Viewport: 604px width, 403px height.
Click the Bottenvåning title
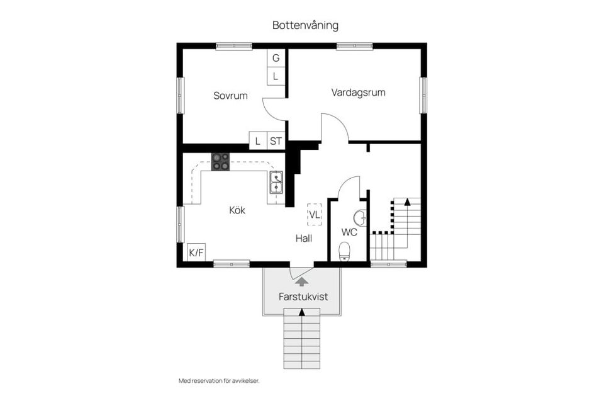305,25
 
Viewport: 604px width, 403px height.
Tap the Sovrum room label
230,96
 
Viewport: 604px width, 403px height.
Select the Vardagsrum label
358,92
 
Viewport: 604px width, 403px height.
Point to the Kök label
237,210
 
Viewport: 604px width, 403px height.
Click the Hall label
304,238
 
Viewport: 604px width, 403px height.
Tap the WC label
349,232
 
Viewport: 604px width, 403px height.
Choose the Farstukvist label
304,296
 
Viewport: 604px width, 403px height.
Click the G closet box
276,58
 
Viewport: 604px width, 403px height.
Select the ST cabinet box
276,141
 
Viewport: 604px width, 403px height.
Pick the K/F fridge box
196,253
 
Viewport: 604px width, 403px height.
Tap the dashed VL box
314,214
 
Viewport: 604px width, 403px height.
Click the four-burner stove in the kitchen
220,162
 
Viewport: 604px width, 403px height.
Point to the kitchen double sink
276,182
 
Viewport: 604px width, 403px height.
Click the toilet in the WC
344,253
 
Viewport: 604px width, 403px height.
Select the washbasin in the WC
360,218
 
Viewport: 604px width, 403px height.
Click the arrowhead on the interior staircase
408,202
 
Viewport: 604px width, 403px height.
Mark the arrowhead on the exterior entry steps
302,312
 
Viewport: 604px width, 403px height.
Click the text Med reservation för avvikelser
219,380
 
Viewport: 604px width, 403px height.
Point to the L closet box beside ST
258,141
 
